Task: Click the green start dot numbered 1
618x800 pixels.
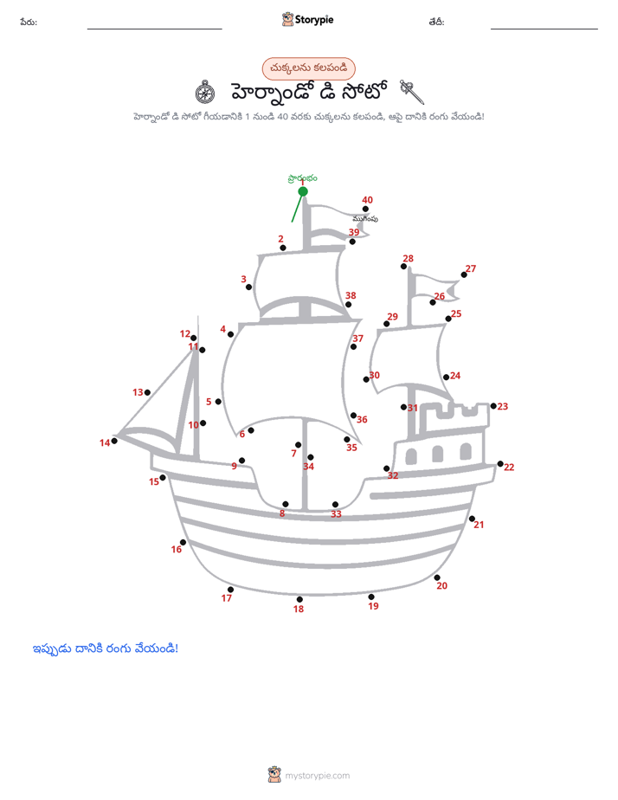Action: (303, 191)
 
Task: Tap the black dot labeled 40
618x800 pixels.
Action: (365, 209)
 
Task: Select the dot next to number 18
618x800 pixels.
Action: (299, 599)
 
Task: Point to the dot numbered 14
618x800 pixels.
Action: (114, 441)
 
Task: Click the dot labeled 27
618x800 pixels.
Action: (464, 275)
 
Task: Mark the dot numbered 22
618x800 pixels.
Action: (500, 464)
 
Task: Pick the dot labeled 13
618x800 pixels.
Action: (147, 392)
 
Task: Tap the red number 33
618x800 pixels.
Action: (336, 513)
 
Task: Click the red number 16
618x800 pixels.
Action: (177, 549)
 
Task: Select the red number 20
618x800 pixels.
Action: (441, 585)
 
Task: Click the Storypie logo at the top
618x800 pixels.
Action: (307, 19)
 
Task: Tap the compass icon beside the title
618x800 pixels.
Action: (205, 93)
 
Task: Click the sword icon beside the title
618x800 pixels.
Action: (411, 92)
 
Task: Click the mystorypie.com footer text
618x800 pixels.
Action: (317, 776)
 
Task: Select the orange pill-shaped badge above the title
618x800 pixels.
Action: (308, 68)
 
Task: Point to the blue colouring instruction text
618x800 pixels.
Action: (106, 648)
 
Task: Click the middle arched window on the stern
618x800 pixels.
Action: (437, 454)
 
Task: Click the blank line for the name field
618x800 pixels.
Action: (154, 29)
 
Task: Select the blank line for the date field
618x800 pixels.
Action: (544, 29)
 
